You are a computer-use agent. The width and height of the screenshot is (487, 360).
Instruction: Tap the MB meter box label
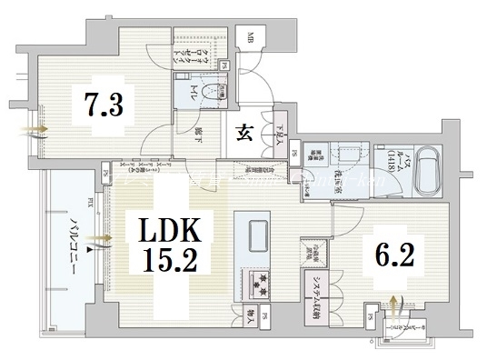[x=248, y=37]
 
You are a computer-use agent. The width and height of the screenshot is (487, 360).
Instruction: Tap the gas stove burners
[x=252, y=283]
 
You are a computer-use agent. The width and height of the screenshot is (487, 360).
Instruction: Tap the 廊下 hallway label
[x=198, y=133]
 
